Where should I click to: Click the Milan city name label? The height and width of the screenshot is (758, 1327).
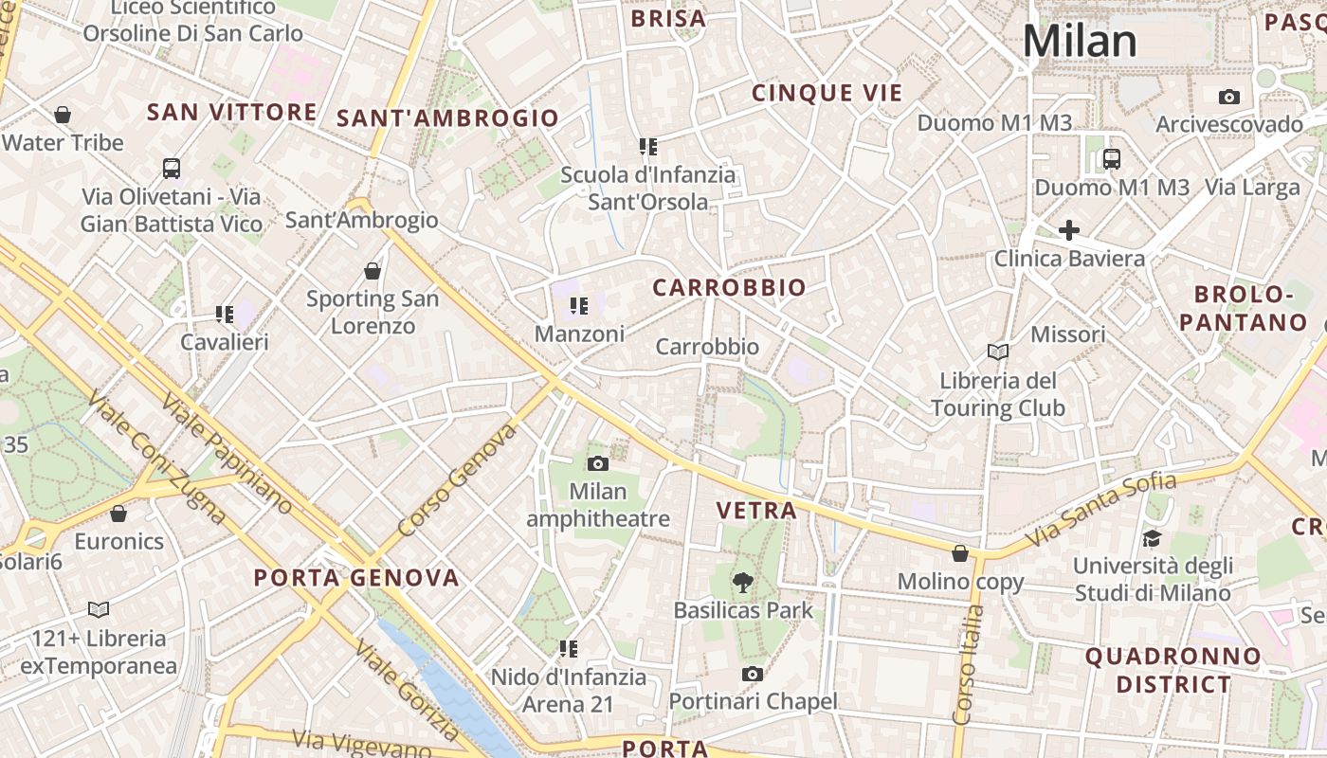[x=1079, y=42]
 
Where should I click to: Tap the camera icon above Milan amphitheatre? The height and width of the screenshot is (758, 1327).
[x=597, y=463]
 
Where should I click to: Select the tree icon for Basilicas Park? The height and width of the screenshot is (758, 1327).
[x=743, y=583]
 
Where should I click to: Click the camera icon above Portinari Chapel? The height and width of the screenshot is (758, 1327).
[x=753, y=674]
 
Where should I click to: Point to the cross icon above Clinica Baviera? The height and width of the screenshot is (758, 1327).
[x=1069, y=230]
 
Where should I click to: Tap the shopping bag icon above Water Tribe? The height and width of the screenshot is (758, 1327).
[x=63, y=115]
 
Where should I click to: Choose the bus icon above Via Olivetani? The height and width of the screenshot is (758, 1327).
[x=172, y=169]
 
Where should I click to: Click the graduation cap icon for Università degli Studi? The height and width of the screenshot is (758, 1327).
[x=1152, y=538]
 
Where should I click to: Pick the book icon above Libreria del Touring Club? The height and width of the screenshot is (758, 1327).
[x=997, y=352]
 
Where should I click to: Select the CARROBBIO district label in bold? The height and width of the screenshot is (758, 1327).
[x=730, y=288]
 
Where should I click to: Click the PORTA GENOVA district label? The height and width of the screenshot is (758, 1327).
[x=356, y=578]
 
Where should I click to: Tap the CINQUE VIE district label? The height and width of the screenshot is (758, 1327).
[x=827, y=93]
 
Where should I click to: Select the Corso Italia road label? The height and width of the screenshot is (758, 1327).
[x=968, y=663]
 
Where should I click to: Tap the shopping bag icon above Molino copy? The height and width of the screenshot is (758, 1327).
[x=960, y=553]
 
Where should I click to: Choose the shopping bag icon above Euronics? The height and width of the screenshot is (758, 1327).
[x=118, y=514]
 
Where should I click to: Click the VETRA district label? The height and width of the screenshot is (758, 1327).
[x=756, y=511]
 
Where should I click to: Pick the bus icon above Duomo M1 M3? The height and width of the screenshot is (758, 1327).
[x=1112, y=158]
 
